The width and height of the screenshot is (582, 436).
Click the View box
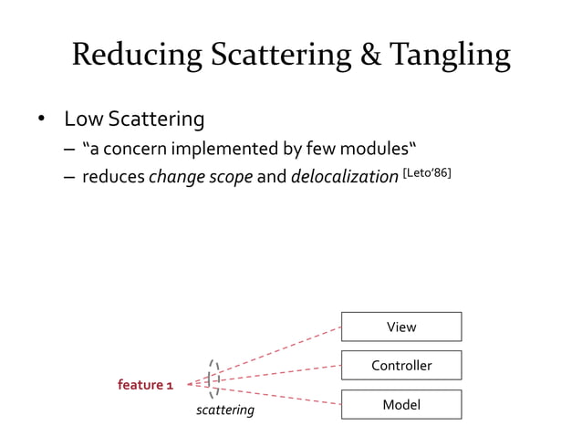[400, 327]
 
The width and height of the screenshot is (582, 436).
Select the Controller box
[400, 365]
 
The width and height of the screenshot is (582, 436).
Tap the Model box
[400, 404]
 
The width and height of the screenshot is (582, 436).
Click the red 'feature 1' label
[145, 385]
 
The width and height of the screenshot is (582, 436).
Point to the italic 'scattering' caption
[225, 410]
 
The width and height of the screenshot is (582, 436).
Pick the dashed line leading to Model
[278, 395]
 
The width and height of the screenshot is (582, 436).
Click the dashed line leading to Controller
[278, 374]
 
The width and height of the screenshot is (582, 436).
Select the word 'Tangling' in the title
[452, 57]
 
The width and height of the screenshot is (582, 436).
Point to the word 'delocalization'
[344, 177]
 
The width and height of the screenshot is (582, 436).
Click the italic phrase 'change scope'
[200, 177]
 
